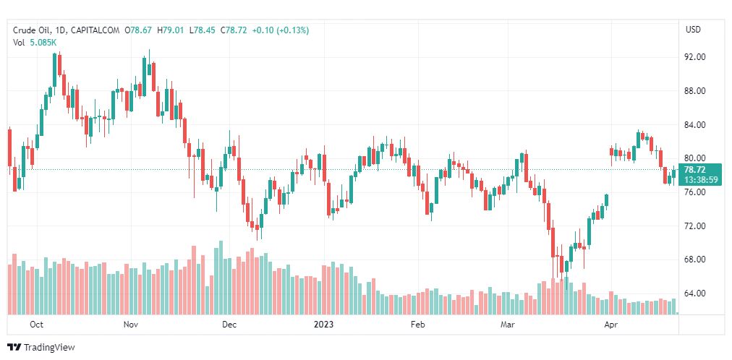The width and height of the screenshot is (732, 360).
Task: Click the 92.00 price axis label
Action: point(695,57)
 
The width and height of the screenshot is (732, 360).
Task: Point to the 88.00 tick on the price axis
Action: point(695,91)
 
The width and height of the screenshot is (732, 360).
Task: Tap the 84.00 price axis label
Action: point(695,125)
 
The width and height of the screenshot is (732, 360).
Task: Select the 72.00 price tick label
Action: point(695,226)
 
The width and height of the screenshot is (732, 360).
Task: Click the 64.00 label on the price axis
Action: point(695,293)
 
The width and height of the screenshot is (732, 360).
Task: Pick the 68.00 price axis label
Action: point(695,260)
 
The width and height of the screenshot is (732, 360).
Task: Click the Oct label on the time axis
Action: point(37,325)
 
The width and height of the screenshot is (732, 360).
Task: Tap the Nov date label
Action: point(131,325)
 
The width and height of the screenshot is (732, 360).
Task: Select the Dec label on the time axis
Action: point(229,325)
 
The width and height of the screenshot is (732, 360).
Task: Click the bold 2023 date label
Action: point(323,325)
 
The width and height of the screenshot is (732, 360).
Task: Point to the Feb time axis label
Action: point(417,325)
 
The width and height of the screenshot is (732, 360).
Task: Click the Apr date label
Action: point(611,325)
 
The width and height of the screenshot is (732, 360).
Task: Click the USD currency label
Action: point(693,30)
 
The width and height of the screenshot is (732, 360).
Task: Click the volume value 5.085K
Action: point(43,43)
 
